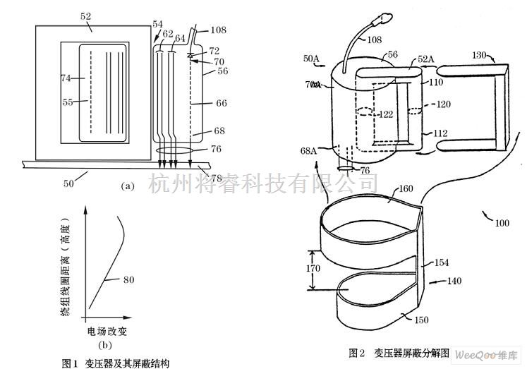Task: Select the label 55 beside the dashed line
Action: click(x=68, y=102)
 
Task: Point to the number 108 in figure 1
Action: click(x=218, y=30)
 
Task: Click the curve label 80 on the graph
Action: click(x=130, y=279)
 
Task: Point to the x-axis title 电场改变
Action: click(x=107, y=331)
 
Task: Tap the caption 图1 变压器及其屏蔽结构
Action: click(x=116, y=363)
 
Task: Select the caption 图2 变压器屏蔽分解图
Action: click(x=399, y=351)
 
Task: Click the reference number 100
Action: click(x=501, y=223)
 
